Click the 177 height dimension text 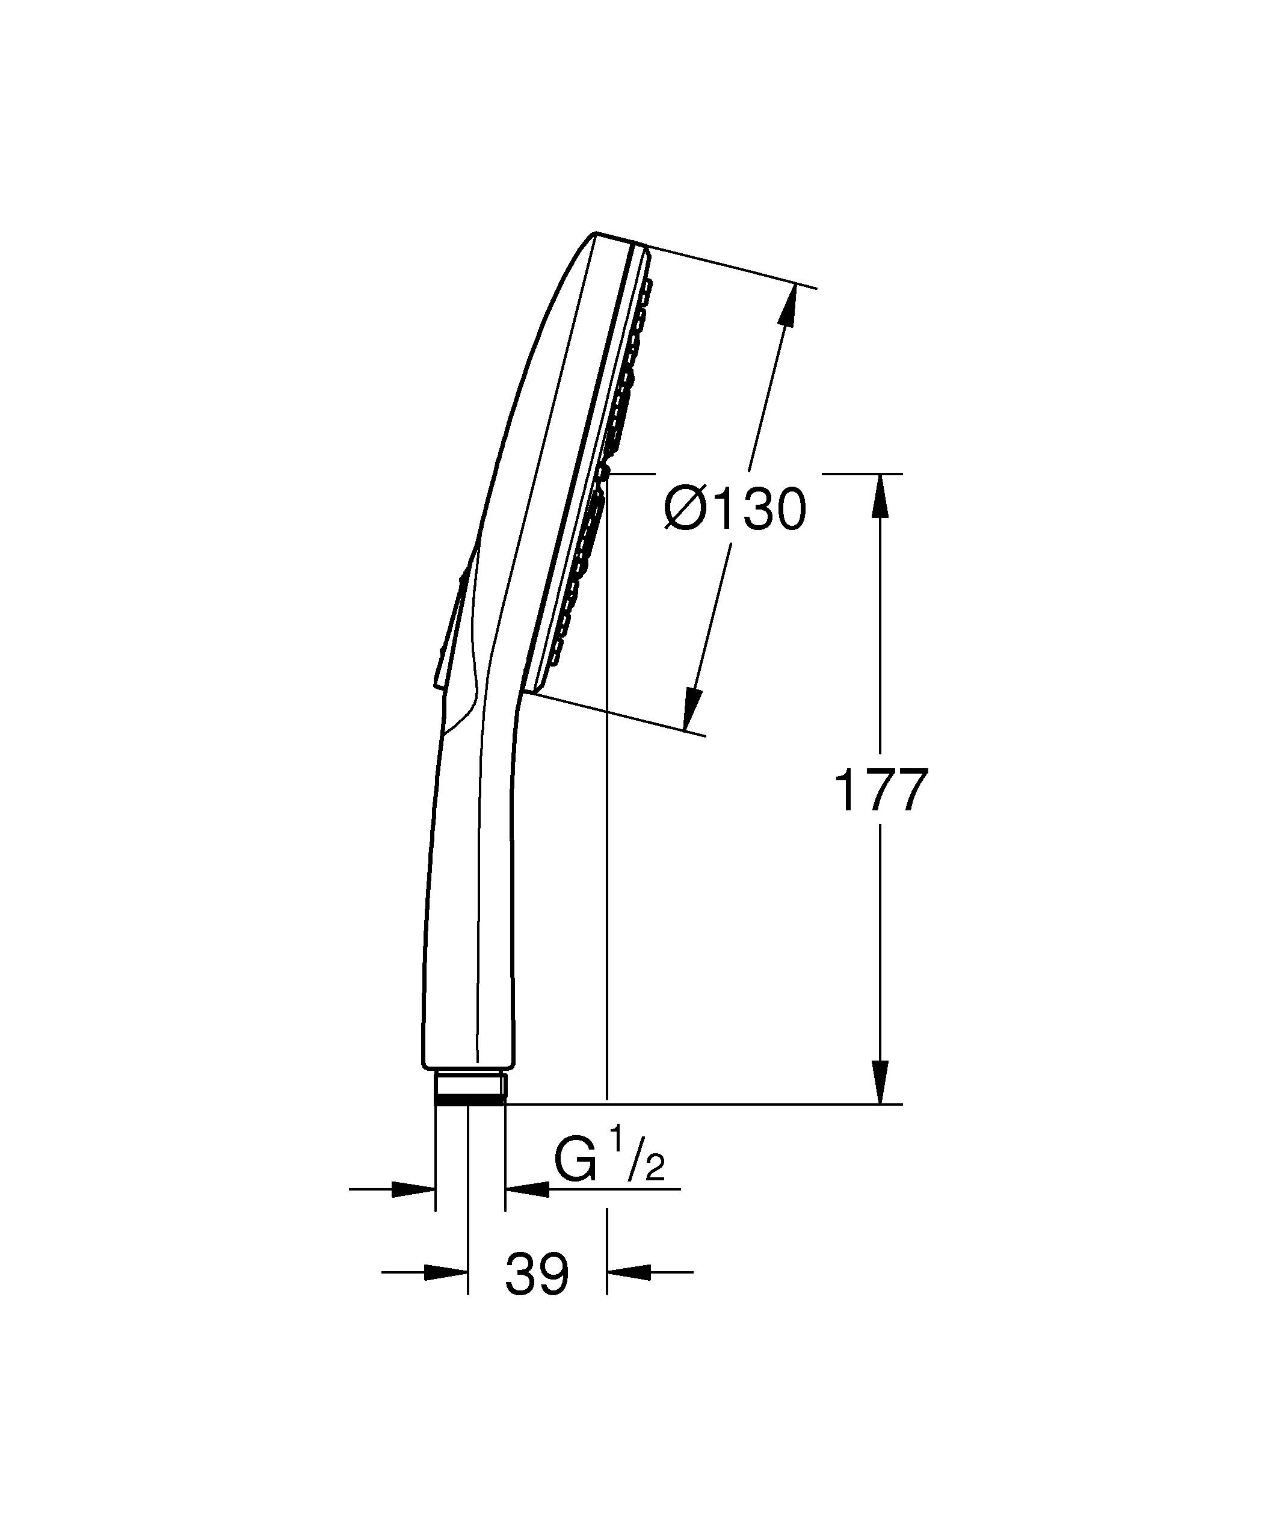(x=880, y=791)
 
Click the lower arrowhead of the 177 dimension (x=880, y=1082)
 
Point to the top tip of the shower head (x=595, y=233)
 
